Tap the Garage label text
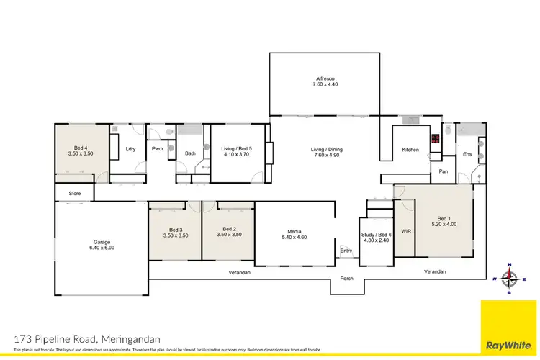coord(101,242)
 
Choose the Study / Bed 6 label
coord(376,235)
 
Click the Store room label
coord(74,194)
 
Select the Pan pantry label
coord(444,171)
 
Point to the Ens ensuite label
coord(467,153)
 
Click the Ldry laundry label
coord(130,149)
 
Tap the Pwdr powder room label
coord(158,149)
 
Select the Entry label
coord(346,251)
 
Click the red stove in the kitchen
coord(435,139)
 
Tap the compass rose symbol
coord(510,278)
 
